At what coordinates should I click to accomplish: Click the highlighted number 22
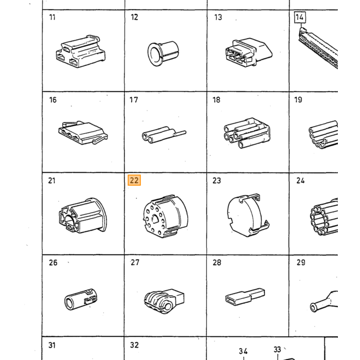(134, 180)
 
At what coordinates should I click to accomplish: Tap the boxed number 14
(300, 17)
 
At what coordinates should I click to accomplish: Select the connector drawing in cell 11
(81, 51)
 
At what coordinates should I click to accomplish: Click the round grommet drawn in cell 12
(163, 53)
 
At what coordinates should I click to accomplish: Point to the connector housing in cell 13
(249, 52)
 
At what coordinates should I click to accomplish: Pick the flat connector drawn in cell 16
(83, 133)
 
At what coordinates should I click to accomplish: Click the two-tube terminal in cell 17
(164, 135)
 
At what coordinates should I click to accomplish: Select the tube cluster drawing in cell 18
(247, 133)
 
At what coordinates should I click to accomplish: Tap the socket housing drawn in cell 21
(82, 215)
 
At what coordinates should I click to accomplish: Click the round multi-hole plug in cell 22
(165, 217)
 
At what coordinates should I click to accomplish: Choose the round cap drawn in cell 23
(248, 215)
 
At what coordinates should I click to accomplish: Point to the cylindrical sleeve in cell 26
(81, 299)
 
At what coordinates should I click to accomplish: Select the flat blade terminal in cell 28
(245, 297)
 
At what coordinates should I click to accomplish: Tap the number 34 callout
(243, 351)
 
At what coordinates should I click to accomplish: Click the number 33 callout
(277, 349)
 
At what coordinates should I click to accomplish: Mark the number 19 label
(298, 100)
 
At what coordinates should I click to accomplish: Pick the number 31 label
(52, 345)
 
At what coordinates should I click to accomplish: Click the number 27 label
(135, 262)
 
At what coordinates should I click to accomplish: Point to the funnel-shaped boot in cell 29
(324, 301)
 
